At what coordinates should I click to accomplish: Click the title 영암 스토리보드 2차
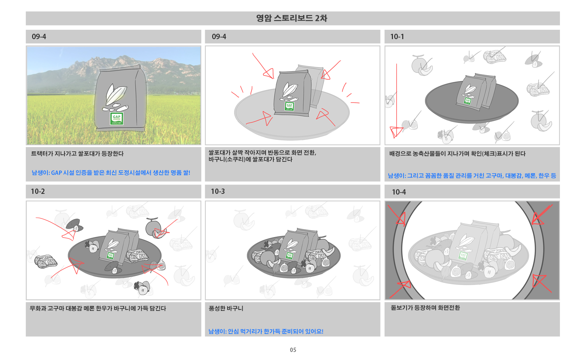(292, 18)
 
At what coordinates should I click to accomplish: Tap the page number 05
(293, 350)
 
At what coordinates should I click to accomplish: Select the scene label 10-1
(397, 37)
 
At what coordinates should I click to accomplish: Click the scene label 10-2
(38, 192)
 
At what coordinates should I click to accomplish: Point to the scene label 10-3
(218, 192)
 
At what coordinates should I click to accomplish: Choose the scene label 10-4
(399, 192)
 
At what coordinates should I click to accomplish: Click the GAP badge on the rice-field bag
(117, 119)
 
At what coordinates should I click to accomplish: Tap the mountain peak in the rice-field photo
(124, 57)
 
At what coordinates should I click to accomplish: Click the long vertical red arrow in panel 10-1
(397, 100)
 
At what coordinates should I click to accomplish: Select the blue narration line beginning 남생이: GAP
(111, 173)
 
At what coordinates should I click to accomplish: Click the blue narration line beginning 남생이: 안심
(266, 332)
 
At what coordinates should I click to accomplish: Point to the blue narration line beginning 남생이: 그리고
(472, 176)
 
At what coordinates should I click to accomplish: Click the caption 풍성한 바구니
(226, 309)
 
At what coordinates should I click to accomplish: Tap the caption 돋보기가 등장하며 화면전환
(425, 308)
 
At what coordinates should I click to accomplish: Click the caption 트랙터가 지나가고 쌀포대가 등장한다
(78, 154)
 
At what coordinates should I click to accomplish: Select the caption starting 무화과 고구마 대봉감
(98, 309)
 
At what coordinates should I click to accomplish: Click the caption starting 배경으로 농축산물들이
(457, 154)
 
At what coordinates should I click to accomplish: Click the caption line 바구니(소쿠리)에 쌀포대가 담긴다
(251, 159)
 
